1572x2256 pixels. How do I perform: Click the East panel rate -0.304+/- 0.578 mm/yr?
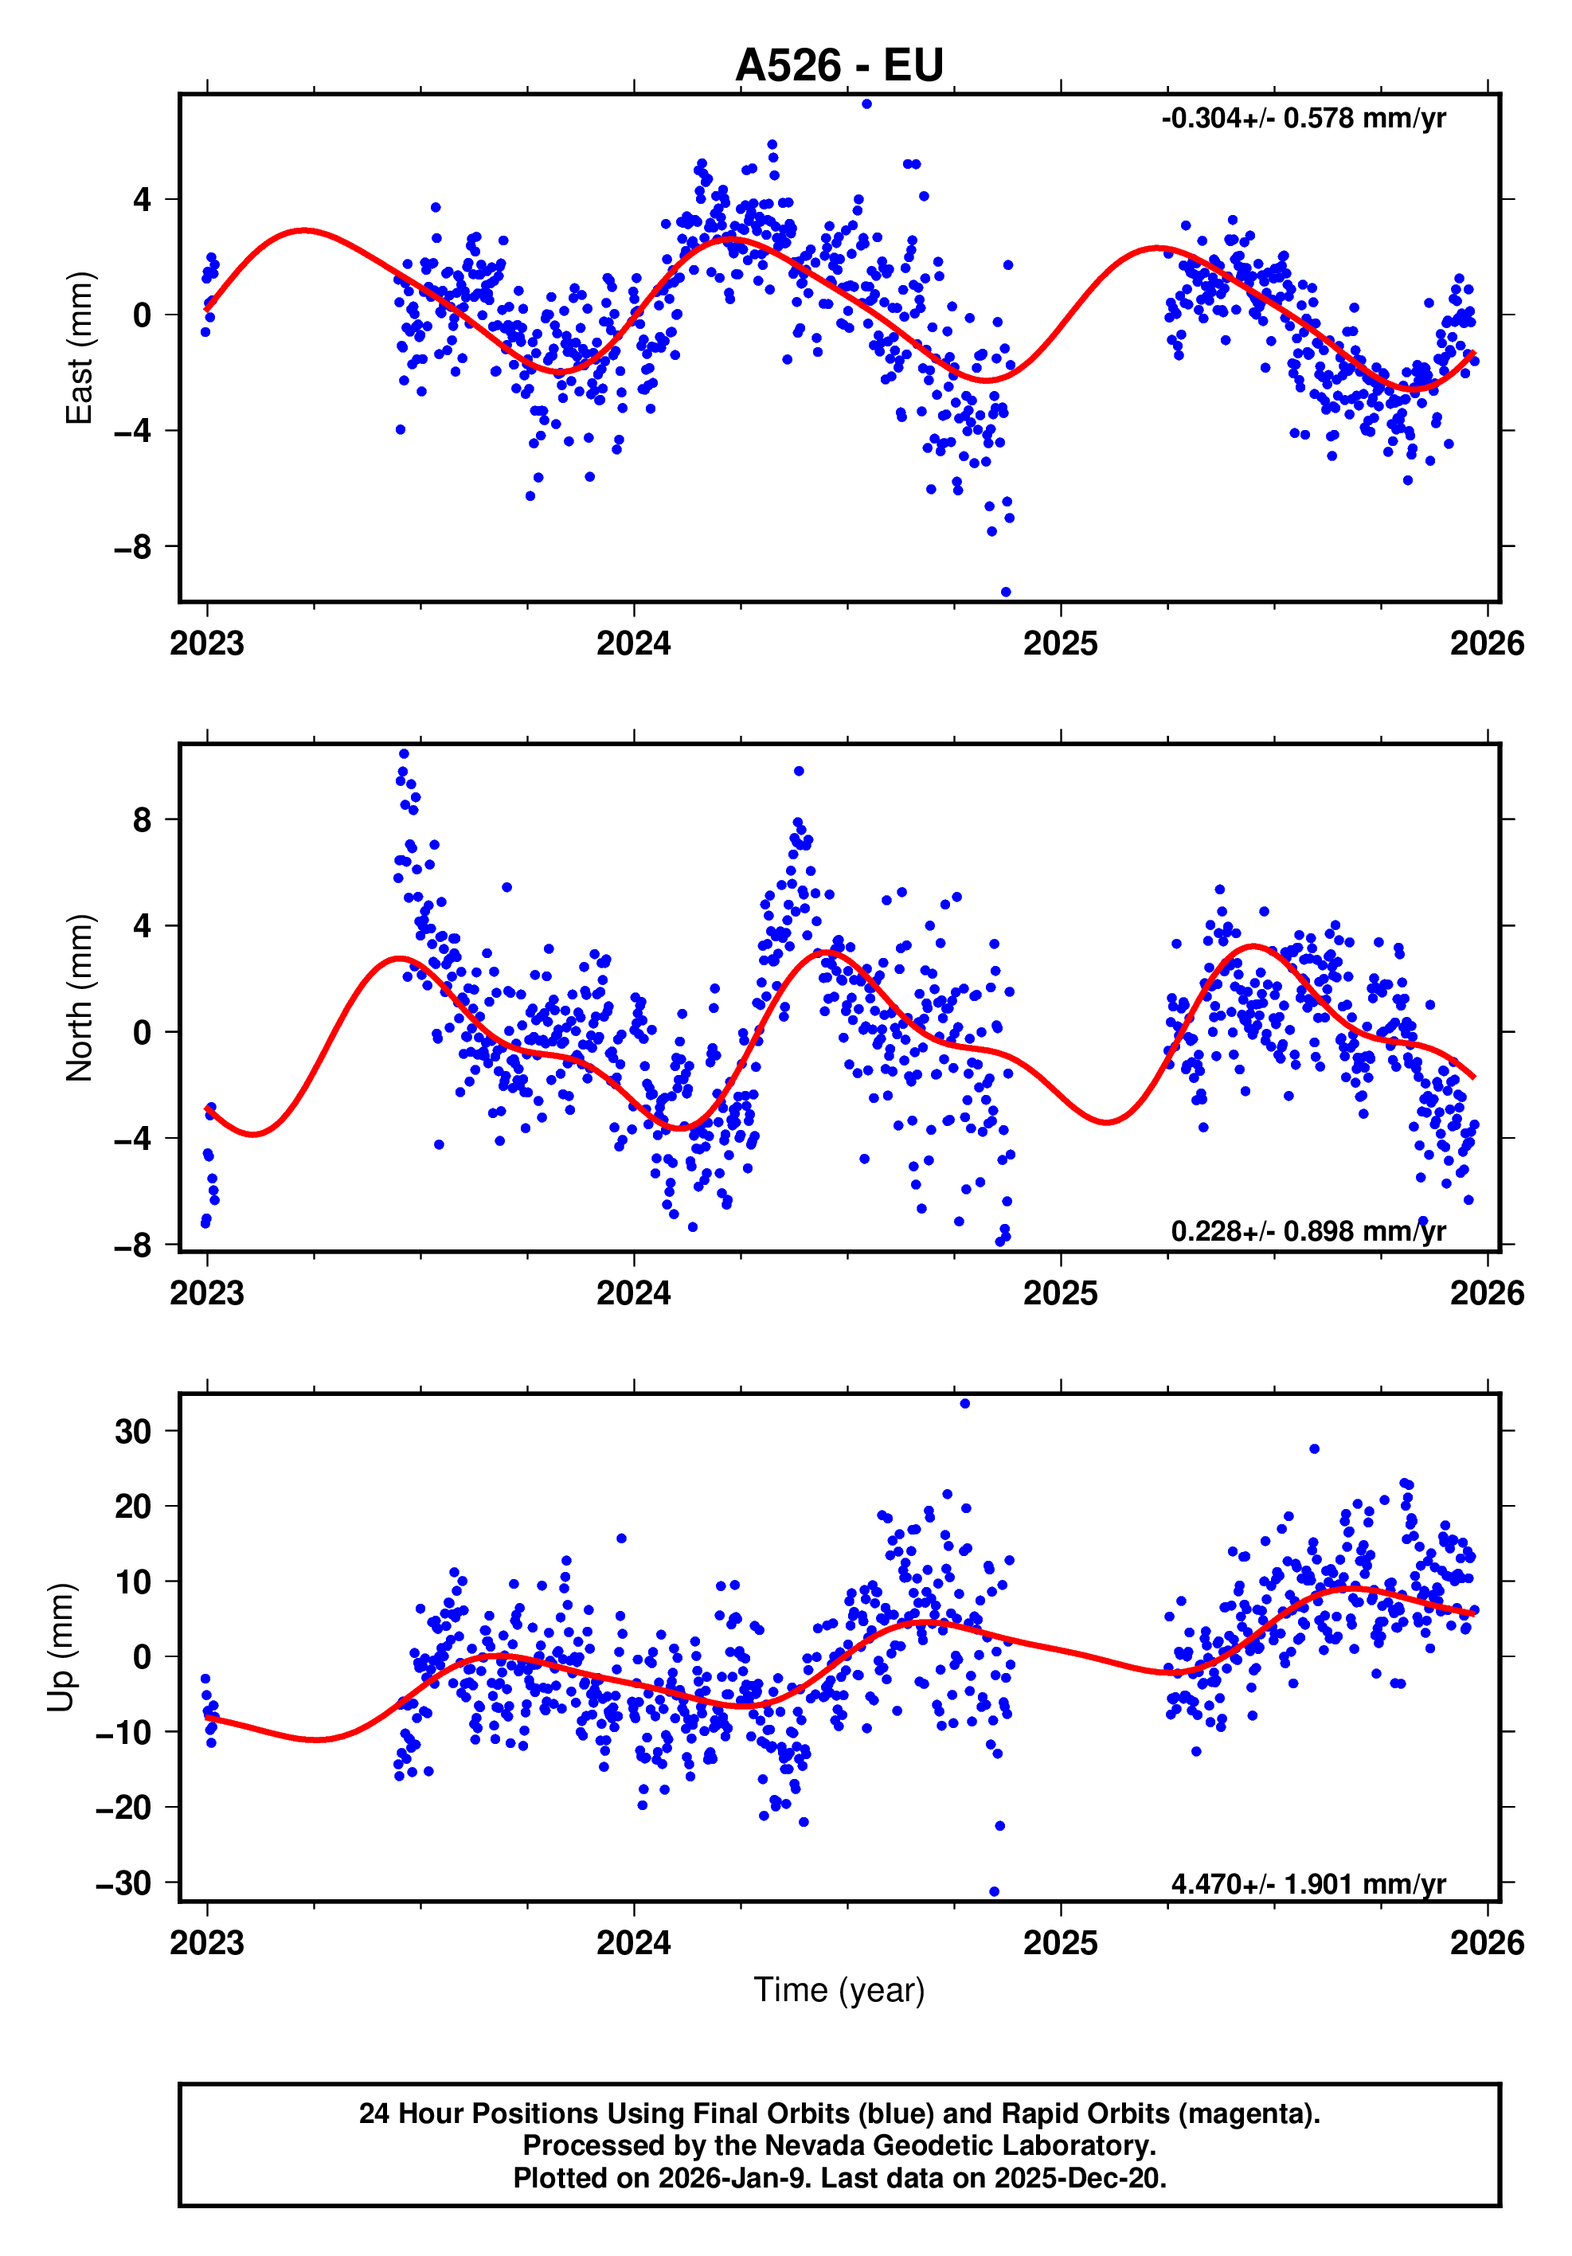[1303, 119]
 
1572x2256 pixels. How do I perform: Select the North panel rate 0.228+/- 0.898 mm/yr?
[1308, 1231]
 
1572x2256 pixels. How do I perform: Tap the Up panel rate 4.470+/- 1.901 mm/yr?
[1308, 1883]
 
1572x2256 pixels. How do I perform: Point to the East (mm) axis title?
[79, 348]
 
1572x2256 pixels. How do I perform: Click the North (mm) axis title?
[79, 999]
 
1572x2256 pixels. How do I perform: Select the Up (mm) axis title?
[61, 1648]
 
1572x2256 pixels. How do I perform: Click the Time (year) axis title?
[839, 1990]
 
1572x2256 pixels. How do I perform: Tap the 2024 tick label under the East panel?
[634, 643]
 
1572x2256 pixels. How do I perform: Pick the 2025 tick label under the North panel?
[1060, 1293]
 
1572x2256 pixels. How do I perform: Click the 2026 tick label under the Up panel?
[1487, 1942]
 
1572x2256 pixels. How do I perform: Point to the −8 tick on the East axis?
[133, 546]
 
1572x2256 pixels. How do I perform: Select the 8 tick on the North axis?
[143, 819]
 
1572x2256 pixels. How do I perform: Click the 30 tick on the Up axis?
[134, 1432]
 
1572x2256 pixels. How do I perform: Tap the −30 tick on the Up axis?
[123, 1883]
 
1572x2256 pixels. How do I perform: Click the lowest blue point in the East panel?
[1005, 592]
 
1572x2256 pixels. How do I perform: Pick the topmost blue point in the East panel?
[866, 104]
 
